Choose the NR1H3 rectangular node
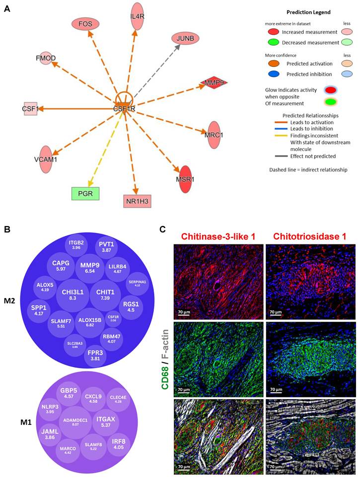click(x=137, y=201)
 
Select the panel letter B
click(x=7, y=230)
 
